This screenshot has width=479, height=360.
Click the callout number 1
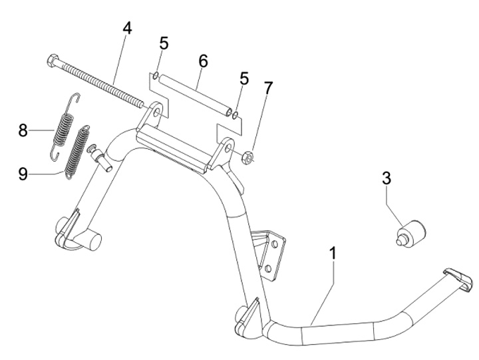tap(333, 254)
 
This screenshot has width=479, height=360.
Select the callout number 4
tap(126, 29)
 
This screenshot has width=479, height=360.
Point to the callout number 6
tap(203, 61)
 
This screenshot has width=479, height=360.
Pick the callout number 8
tap(23, 130)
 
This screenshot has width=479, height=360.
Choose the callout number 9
tap(23, 174)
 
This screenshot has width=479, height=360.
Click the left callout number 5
tap(164, 44)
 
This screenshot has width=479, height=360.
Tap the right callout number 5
tap(244, 79)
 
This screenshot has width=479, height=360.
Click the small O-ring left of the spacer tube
tap(155, 76)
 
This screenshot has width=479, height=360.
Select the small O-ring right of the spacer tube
tap(237, 115)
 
